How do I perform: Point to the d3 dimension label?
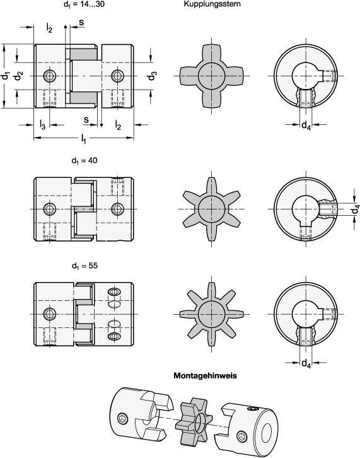[152, 77]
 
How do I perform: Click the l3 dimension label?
[42, 124]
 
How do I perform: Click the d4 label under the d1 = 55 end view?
[305, 363]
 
